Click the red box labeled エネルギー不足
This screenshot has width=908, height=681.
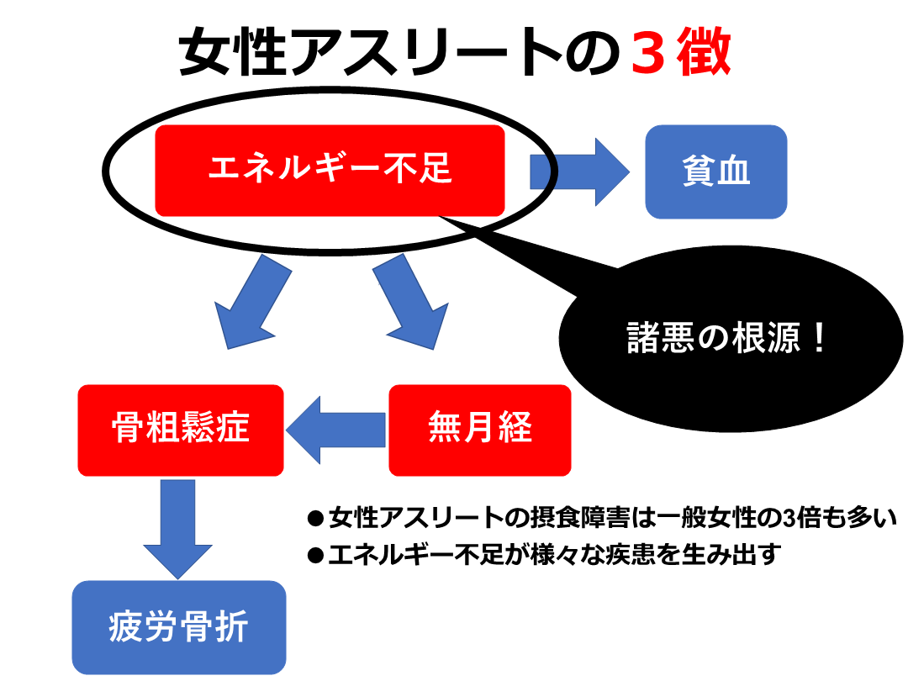click(x=330, y=170)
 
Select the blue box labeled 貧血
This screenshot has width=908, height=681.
click(x=715, y=172)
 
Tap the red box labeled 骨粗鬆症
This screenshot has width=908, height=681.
click(x=180, y=430)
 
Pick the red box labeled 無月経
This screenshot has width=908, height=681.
click(x=479, y=430)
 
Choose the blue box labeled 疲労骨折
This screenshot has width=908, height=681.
click(x=179, y=626)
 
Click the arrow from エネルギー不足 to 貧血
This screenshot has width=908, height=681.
click(x=579, y=171)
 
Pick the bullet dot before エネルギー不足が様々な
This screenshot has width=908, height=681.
click(x=316, y=556)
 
